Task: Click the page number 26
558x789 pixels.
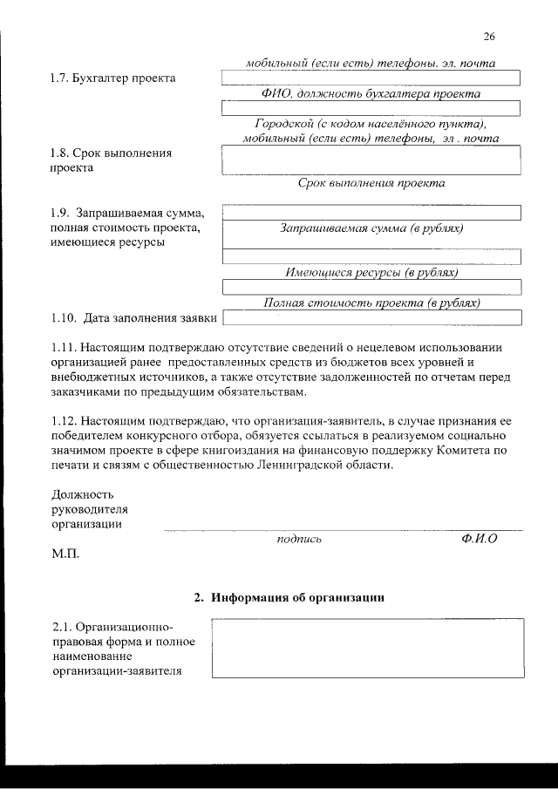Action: pyautogui.click(x=488, y=36)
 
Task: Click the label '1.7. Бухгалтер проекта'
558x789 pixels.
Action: pyautogui.click(x=112, y=78)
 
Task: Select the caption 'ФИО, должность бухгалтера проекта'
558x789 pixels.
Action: pyautogui.click(x=371, y=93)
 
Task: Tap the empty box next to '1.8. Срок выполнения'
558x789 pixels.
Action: pyautogui.click(x=371, y=160)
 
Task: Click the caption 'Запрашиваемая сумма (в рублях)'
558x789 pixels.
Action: pyautogui.click(x=371, y=228)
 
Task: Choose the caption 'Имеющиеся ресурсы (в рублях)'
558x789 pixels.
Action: pyautogui.click(x=371, y=273)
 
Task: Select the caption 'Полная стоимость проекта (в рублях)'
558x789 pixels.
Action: pyautogui.click(x=371, y=303)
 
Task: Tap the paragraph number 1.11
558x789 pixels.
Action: pyautogui.click(x=65, y=347)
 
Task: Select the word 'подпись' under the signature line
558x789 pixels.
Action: pyautogui.click(x=299, y=540)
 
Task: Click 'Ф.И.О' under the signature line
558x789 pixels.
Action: pyautogui.click(x=479, y=540)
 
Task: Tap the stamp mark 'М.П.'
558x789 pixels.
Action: pyautogui.click(x=65, y=554)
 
